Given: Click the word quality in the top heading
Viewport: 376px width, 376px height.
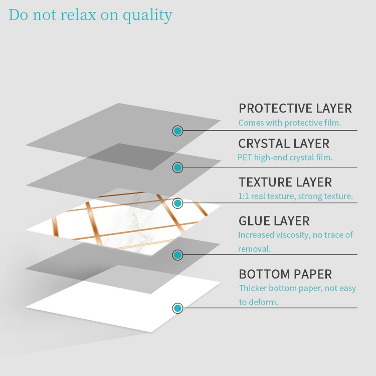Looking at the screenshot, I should [148, 15].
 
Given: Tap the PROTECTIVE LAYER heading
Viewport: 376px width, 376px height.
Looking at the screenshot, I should [295, 108].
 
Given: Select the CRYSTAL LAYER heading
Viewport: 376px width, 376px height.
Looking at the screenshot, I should [284, 143].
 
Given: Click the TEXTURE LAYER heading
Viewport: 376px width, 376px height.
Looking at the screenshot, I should [285, 182].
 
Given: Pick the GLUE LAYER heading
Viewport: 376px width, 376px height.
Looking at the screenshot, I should [274, 221].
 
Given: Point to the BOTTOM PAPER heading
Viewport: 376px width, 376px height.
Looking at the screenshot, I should [285, 274].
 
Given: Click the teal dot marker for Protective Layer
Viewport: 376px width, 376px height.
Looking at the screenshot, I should [177, 131].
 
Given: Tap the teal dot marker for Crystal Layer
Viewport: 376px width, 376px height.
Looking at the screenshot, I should [177, 167].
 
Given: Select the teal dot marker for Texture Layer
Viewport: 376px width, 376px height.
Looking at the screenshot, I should [177, 203].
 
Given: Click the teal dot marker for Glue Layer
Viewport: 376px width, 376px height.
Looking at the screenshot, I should [177, 255].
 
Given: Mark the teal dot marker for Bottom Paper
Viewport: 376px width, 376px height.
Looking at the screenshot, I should [177, 308].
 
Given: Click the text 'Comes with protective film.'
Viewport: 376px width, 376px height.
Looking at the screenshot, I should [289, 123].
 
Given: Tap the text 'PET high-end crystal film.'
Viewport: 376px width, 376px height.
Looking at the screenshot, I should [285, 157].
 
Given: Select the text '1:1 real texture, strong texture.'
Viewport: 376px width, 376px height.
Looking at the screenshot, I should [295, 196].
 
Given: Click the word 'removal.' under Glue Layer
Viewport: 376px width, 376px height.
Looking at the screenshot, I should [254, 249].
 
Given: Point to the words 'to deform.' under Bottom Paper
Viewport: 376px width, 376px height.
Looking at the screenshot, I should [258, 302].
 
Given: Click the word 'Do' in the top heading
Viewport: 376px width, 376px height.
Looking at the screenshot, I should [18, 15].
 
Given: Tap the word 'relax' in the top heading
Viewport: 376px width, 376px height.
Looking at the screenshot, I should [78, 15].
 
